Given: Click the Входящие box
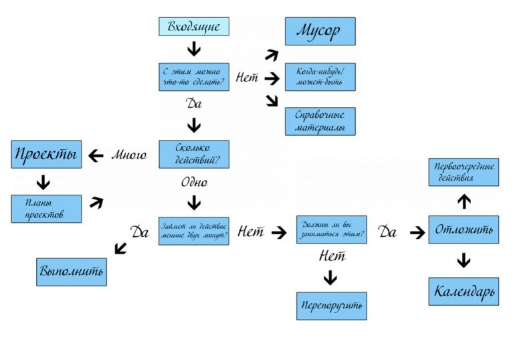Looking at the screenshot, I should click(194, 27).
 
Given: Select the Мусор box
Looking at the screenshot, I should click(320, 31).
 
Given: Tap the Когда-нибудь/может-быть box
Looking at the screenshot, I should click(320, 77).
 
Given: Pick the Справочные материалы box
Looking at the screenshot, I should click(320, 121).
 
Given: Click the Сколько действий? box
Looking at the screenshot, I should click(194, 154).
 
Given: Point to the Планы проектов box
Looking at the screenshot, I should click(46, 209).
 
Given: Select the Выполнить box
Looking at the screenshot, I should click(72, 272).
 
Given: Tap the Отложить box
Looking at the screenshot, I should click(463, 230).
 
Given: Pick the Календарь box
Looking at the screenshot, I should click(463, 291).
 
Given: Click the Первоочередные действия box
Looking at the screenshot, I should click(463, 172).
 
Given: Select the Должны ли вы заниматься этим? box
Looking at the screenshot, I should click(332, 230).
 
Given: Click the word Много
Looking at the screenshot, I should click(128, 155).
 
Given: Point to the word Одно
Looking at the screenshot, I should click(194, 182).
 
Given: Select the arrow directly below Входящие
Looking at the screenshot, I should click(194, 49).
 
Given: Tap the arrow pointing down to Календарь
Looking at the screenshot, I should click(463, 260).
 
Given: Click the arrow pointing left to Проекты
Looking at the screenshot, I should click(96, 155).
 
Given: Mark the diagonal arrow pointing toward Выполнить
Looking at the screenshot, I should click(121, 248).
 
